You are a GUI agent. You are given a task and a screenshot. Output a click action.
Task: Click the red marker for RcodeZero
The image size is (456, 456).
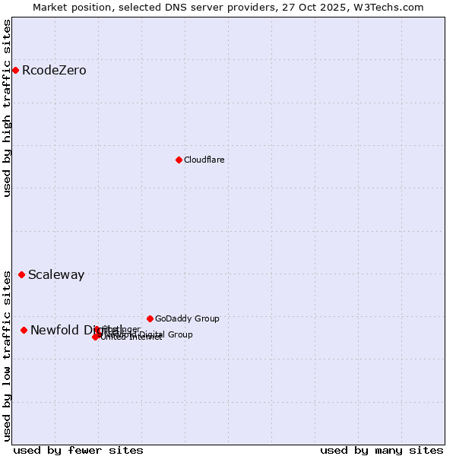point(15,71)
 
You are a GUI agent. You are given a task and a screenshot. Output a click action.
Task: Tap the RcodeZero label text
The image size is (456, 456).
point(54,71)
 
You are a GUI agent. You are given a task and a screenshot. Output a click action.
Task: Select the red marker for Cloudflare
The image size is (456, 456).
point(179,160)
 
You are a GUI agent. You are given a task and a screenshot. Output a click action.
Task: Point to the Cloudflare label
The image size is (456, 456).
point(204,160)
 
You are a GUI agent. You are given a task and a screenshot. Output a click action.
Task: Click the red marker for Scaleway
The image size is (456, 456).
point(21,274)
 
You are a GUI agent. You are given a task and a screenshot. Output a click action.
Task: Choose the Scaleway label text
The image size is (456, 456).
point(56,275)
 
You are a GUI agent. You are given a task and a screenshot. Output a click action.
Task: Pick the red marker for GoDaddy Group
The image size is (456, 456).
point(150,318)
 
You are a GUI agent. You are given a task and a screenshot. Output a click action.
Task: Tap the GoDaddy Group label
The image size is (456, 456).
point(187,319)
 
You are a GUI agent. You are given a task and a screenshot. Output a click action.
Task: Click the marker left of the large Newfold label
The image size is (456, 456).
point(24,330)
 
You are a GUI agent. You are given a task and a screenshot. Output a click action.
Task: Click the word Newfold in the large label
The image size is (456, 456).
point(55,330)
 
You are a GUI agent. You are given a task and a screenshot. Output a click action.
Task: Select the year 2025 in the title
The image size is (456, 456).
point(342,7)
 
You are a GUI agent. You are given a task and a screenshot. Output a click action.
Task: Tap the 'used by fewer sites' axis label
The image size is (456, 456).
point(78,450)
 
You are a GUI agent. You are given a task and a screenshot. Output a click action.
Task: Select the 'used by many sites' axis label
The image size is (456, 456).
point(382,450)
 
